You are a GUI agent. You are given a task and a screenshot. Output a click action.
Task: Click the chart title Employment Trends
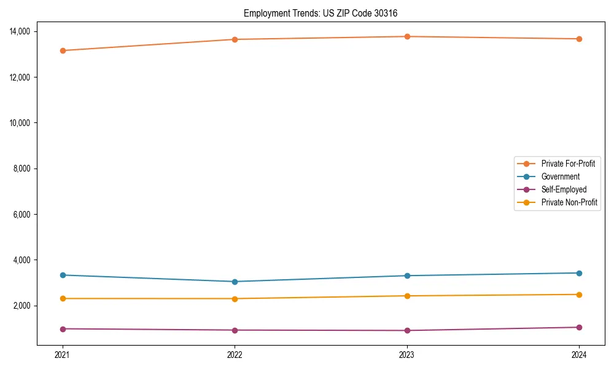pyautogui.click(x=325, y=13)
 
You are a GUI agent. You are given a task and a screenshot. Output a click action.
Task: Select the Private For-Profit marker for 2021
pyautogui.click(x=63, y=50)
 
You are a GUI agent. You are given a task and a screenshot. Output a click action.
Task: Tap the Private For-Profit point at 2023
pyautogui.click(x=406, y=36)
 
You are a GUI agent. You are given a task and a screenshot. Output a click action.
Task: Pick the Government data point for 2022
pyautogui.click(x=235, y=282)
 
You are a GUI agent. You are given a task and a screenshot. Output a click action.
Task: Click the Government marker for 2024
pyautogui.click(x=579, y=273)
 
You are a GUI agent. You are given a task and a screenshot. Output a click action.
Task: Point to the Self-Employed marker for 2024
pyautogui.click(x=579, y=327)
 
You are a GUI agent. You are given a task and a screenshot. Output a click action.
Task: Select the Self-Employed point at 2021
pyautogui.click(x=63, y=329)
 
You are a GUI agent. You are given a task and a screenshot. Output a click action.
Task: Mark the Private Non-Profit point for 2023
pyautogui.click(x=406, y=296)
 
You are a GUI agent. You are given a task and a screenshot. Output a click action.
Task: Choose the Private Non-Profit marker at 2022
pyautogui.click(x=235, y=299)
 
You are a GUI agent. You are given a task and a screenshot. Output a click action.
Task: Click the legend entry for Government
pyautogui.click(x=560, y=177)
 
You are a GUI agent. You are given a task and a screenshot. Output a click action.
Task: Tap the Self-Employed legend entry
pyautogui.click(x=564, y=189)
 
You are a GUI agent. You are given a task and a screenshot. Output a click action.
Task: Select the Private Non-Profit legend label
pyautogui.click(x=569, y=202)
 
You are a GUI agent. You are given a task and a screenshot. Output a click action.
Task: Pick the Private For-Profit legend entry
pyautogui.click(x=568, y=164)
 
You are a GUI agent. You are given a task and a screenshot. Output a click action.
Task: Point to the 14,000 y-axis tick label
pyautogui.click(x=25, y=31)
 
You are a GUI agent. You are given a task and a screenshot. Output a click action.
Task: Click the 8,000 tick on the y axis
pyautogui.click(x=26, y=169)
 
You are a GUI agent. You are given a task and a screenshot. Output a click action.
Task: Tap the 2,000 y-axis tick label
pyautogui.click(x=26, y=306)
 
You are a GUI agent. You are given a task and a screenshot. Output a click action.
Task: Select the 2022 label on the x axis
pyautogui.click(x=235, y=354)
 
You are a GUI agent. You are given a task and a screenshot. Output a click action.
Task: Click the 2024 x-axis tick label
pyautogui.click(x=579, y=354)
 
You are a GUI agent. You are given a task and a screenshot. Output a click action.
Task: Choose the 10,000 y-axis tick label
pyautogui.click(x=25, y=123)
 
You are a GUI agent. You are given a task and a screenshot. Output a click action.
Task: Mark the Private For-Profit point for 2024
pyautogui.click(x=579, y=39)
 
